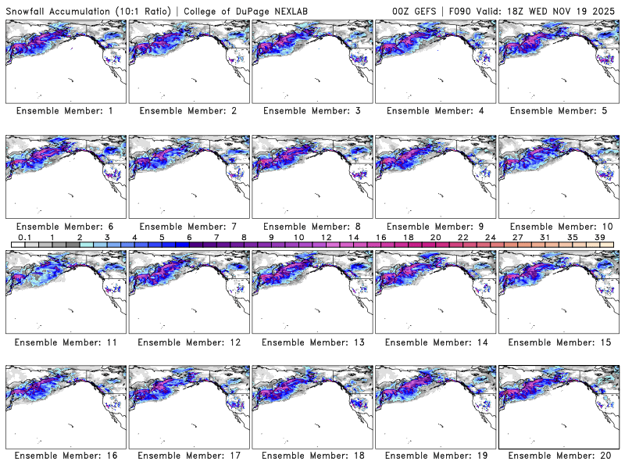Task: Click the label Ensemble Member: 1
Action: (65, 111)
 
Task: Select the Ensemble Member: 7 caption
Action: (188, 227)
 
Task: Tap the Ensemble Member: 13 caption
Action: (311, 342)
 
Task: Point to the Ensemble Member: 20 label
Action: (558, 455)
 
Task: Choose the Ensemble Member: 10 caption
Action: (558, 227)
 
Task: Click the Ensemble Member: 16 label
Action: (65, 455)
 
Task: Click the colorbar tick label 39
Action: (599, 236)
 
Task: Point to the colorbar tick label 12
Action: (326, 236)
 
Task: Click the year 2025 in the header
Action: (605, 9)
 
